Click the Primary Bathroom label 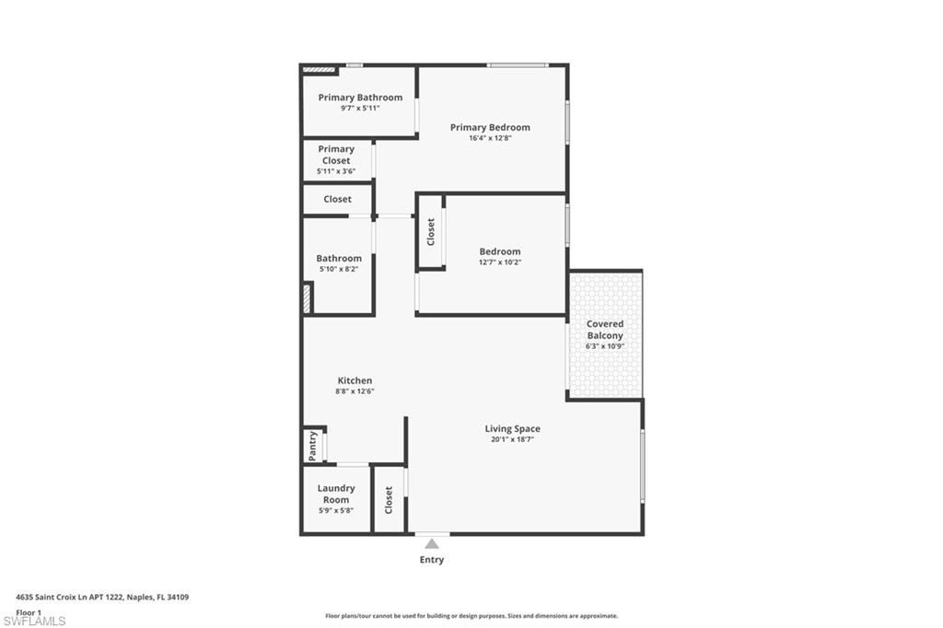click(360, 98)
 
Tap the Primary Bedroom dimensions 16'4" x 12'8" click(490, 138)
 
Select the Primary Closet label click(336, 155)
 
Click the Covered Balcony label click(605, 330)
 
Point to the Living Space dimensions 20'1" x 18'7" click(513, 439)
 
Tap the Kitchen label click(355, 380)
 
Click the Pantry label click(313, 447)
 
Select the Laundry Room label click(336, 494)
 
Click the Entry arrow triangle click(432, 543)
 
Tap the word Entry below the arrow click(432, 560)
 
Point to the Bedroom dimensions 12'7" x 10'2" click(500, 262)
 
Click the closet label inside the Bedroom click(430, 231)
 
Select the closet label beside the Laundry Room click(389, 500)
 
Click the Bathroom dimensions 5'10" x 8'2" click(339, 270)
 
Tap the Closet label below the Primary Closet click(337, 199)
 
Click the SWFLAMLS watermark click(34, 621)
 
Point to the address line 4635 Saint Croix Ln click(101, 597)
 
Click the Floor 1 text click(29, 611)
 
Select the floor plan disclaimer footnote click(471, 616)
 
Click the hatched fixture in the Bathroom click(307, 298)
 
